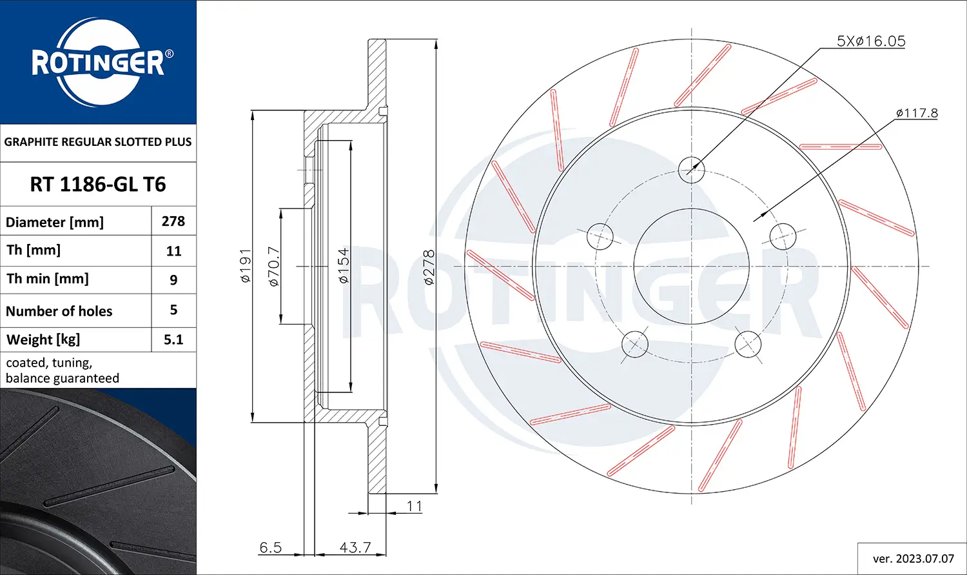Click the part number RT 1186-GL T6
pos(98,185)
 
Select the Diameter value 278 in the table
pos(173,221)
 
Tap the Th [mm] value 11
pos(173,251)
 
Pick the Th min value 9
pos(173,280)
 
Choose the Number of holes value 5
pos(173,310)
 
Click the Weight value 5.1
pos(173,339)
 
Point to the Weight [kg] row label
pos(43,339)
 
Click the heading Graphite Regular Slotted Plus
pos(98,142)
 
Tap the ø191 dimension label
pos(246,266)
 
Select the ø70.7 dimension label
pos(273,266)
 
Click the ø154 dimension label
pos(344,266)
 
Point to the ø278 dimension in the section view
pos(429,267)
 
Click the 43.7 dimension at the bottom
pos(355,547)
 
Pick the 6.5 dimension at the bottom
pos(270,547)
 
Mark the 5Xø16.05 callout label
pos(870,41)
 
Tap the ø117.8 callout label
pos(916,114)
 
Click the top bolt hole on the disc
pos(691,170)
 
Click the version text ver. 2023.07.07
pos(913,558)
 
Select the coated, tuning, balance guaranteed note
pos(63,370)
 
